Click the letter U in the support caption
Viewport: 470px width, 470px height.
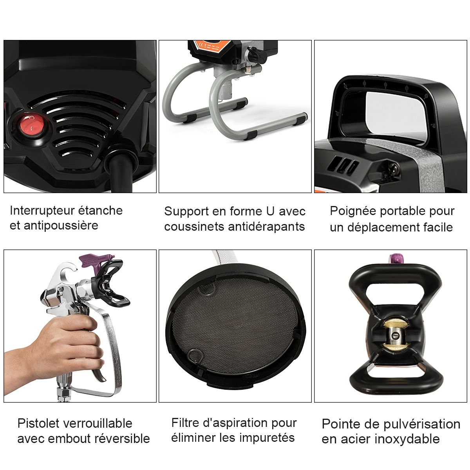(270, 211)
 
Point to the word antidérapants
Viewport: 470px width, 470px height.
(266, 226)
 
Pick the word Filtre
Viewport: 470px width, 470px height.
(185, 423)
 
